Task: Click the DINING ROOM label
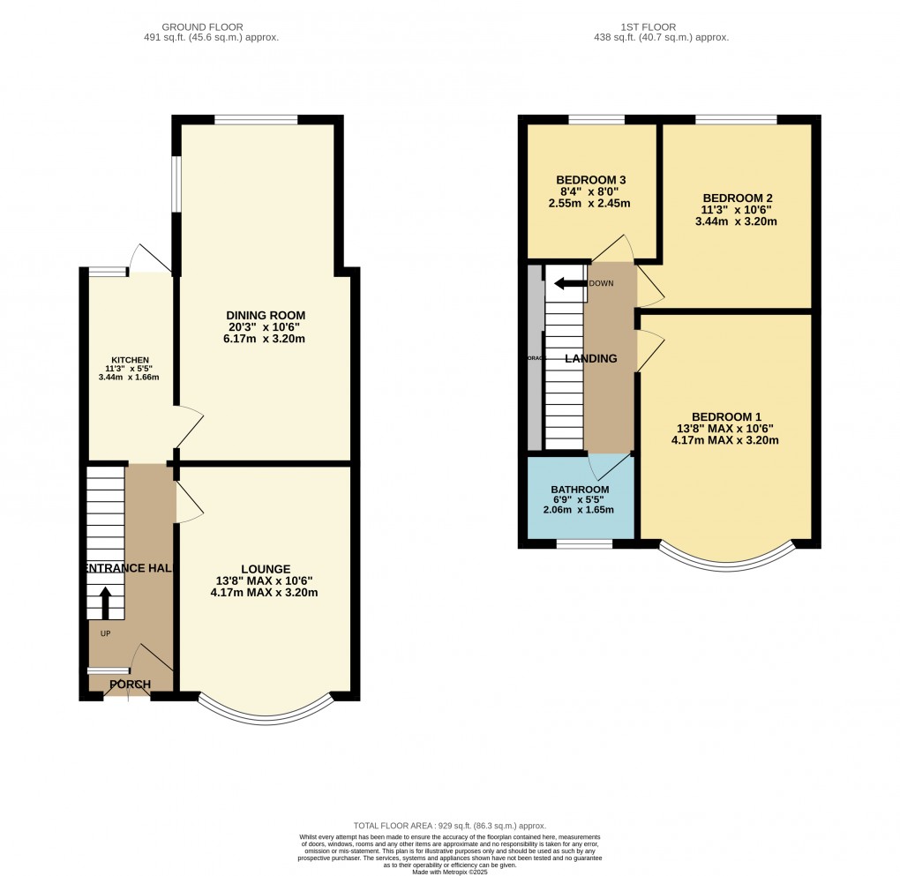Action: click(266, 316)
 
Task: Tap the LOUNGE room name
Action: click(264, 569)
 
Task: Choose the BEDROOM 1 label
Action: click(725, 417)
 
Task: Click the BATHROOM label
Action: click(580, 490)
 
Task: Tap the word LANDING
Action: click(590, 358)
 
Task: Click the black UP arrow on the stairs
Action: click(106, 604)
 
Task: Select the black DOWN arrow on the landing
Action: click(570, 283)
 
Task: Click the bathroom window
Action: click(584, 544)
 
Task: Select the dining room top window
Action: click(256, 120)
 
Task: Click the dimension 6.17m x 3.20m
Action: click(266, 340)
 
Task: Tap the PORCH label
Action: click(130, 685)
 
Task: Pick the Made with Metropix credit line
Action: click(450, 872)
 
